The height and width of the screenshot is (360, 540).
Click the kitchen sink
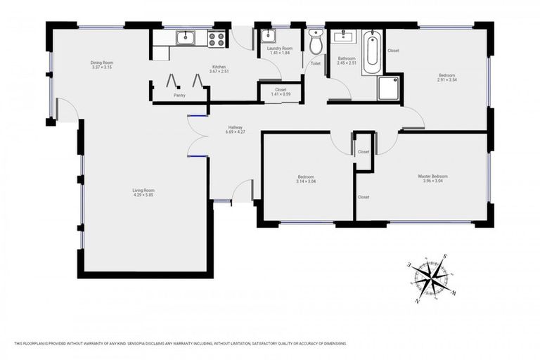click(186, 38)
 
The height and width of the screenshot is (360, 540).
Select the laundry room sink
click(268, 37)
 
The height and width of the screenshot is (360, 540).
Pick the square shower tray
click(389, 88)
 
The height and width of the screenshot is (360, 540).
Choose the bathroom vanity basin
click(346, 36)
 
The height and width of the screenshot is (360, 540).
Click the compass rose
click(431, 276)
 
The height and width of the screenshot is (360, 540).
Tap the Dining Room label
click(102, 63)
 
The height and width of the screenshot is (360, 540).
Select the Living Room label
click(143, 190)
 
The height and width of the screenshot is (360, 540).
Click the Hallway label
click(235, 127)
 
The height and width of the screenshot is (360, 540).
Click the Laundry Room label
click(280, 49)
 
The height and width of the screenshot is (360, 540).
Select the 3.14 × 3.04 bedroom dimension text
click(306, 181)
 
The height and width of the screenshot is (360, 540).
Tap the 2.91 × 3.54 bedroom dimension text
click(447, 80)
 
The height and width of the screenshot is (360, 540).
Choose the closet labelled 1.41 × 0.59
click(280, 91)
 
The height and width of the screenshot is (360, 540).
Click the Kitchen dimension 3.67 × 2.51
click(219, 72)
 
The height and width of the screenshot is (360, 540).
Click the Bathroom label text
click(347, 58)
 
